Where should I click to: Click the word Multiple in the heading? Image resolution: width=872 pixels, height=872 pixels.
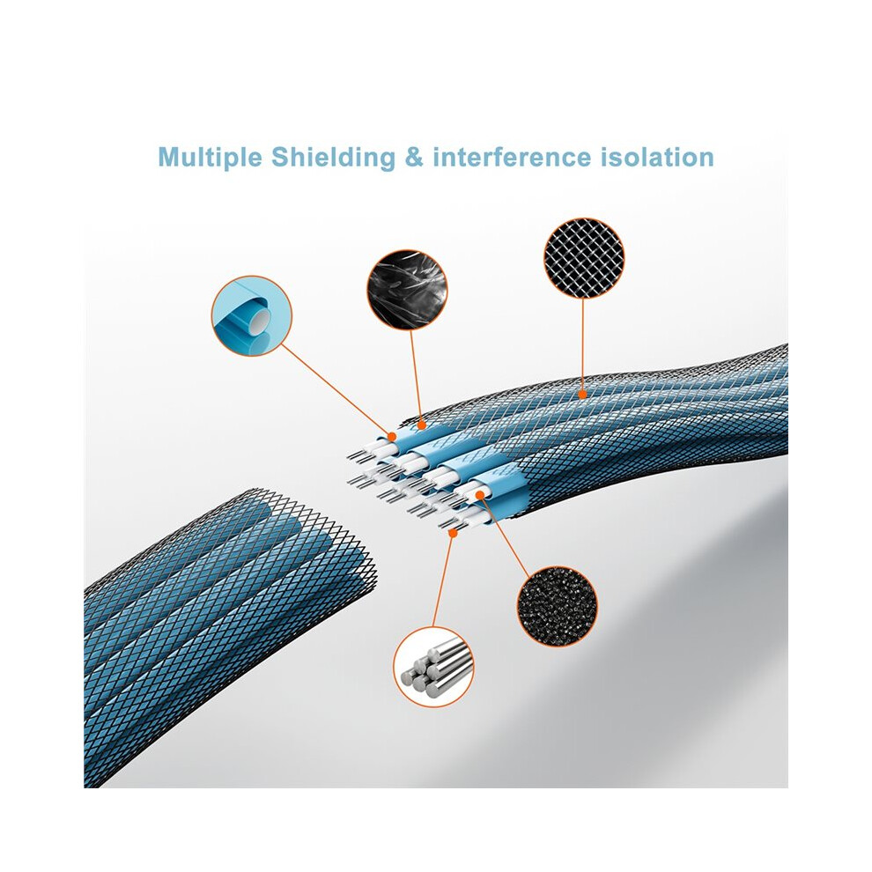tap(210, 158)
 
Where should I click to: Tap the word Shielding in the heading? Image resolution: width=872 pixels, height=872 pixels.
tap(333, 158)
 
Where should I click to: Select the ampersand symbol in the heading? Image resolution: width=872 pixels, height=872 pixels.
tap(414, 158)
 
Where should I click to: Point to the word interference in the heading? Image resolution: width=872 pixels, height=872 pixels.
tap(512, 158)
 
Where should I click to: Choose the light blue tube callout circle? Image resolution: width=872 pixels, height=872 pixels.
tap(251, 316)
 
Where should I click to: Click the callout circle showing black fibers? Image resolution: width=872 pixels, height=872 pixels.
tap(407, 289)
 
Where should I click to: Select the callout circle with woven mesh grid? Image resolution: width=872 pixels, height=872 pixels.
tap(584, 258)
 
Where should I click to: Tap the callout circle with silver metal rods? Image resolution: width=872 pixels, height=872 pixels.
tap(433, 667)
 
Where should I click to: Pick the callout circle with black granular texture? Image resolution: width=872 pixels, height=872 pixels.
tap(558, 606)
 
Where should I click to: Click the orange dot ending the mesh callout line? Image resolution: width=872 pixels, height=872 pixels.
tap(582, 395)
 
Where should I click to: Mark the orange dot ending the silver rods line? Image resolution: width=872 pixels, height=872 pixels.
tap(453, 533)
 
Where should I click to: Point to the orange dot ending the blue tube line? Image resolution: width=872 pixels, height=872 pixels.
tap(392, 435)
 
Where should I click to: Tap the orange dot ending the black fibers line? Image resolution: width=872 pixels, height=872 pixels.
tap(421, 426)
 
